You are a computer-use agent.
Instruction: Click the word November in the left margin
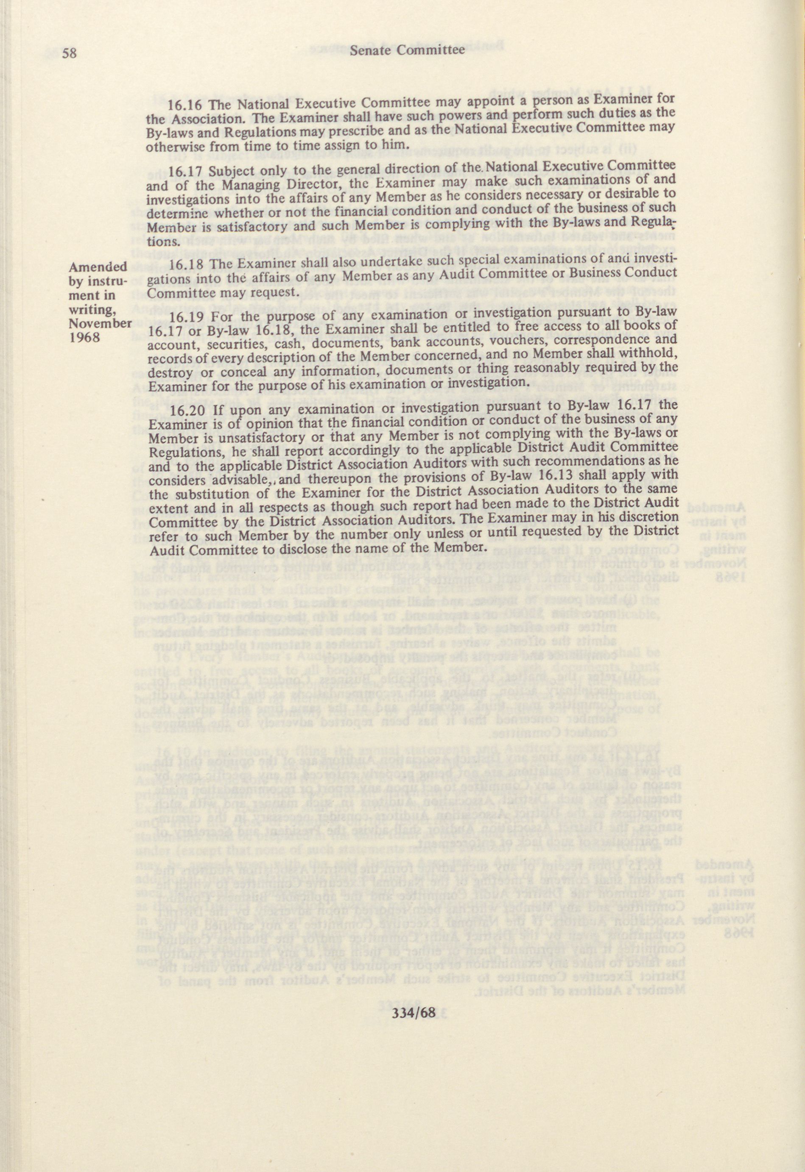(100, 323)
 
